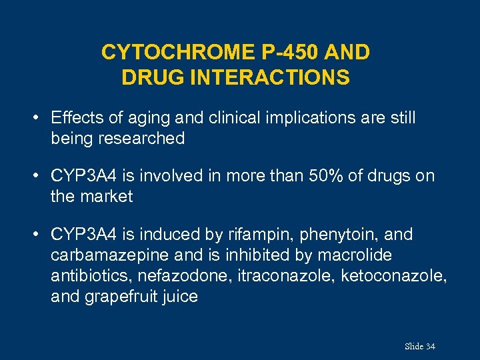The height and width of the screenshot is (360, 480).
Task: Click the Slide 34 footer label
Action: tap(419, 346)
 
